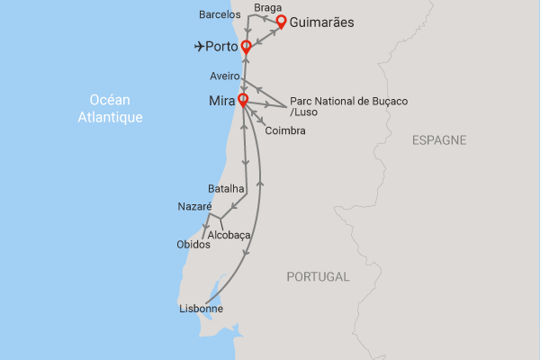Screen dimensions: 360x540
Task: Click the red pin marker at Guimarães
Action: click(x=281, y=21)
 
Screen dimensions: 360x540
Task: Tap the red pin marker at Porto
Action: click(x=245, y=46)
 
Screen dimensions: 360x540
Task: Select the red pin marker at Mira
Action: click(x=242, y=100)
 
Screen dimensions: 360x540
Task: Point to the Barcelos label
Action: click(x=220, y=14)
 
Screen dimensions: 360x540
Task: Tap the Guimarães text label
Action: click(x=328, y=22)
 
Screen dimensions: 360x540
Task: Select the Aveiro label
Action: click(x=224, y=77)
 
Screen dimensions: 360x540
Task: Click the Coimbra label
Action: click(x=285, y=131)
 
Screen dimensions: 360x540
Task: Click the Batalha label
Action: click(x=226, y=189)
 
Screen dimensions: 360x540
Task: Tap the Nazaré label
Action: click(x=195, y=207)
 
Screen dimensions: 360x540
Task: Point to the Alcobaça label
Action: click(x=229, y=236)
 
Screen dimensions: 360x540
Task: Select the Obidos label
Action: click(x=193, y=245)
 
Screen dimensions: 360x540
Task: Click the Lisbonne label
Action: click(x=202, y=310)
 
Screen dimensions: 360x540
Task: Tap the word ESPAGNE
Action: click(x=439, y=140)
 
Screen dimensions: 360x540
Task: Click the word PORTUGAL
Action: click(x=318, y=276)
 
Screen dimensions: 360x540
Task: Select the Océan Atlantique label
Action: click(x=117, y=108)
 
